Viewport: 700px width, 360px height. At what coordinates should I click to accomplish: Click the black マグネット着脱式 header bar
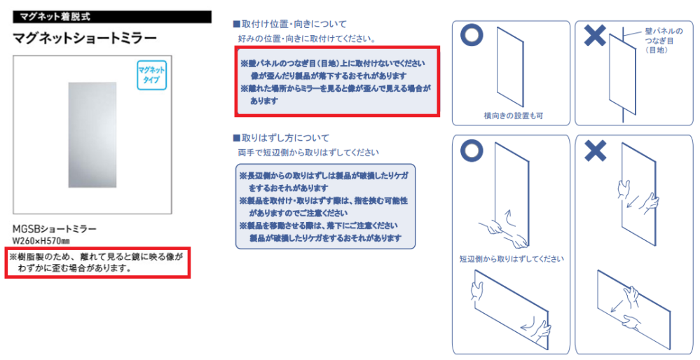click(113, 17)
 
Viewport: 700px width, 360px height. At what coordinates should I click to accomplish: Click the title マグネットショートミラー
click(85, 38)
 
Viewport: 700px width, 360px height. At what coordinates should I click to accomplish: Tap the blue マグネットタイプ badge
click(151, 75)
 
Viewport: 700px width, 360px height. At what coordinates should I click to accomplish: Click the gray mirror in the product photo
click(92, 134)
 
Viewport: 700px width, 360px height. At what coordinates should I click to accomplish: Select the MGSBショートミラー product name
click(55, 229)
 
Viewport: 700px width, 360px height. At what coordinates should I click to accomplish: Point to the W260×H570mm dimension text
click(41, 242)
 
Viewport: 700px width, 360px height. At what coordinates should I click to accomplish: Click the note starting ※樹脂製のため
click(97, 263)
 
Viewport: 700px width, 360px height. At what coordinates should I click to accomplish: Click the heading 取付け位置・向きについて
click(289, 24)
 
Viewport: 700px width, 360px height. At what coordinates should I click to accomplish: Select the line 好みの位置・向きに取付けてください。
click(307, 39)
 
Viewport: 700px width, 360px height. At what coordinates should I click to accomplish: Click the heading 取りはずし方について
click(281, 138)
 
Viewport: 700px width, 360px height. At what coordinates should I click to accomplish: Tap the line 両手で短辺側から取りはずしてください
click(308, 153)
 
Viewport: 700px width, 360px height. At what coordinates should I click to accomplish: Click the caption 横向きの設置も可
click(514, 116)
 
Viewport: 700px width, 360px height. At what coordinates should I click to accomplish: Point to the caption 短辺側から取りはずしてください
click(512, 259)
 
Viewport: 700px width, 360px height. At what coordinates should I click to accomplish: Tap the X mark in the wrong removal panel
click(595, 150)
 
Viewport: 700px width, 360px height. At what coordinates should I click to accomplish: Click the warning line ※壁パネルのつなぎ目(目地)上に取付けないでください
click(333, 63)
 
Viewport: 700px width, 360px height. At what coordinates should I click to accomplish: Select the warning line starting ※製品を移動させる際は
click(318, 226)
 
